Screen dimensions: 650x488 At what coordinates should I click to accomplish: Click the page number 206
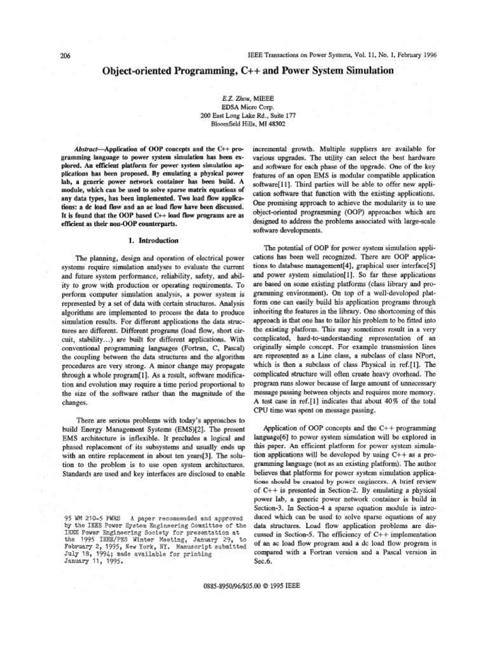coord(64,56)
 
